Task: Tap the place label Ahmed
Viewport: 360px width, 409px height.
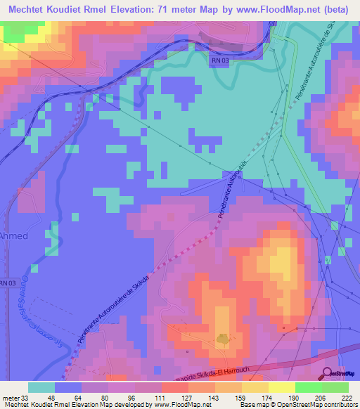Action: coord(14,236)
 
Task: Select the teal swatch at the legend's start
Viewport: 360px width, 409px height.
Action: coord(41,387)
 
